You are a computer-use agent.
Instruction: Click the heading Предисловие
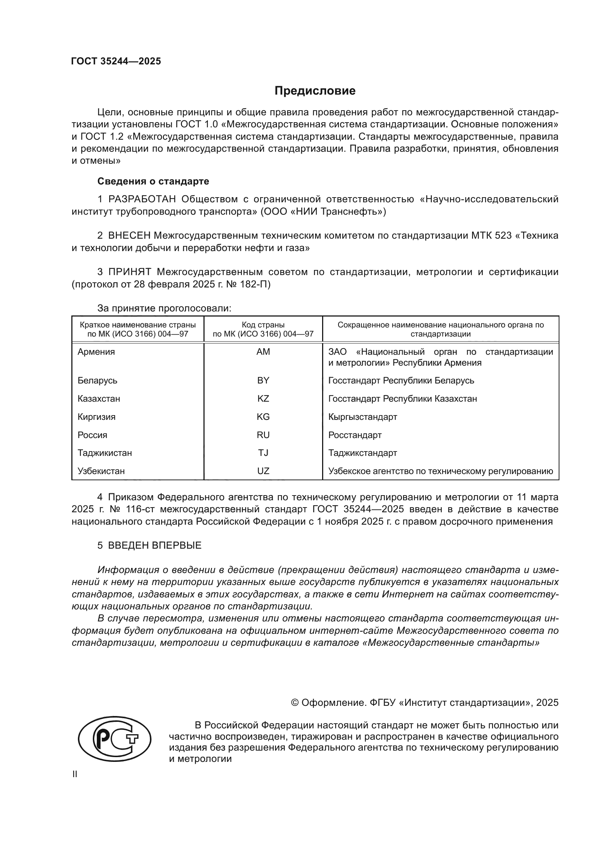click(315, 91)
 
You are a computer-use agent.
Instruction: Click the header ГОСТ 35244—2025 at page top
click(116, 61)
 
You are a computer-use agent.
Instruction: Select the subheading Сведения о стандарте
click(153, 181)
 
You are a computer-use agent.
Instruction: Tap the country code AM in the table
click(263, 352)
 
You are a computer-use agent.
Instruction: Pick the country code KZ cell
click(263, 399)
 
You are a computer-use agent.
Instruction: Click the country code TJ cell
click(263, 453)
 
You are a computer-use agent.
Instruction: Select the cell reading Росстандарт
click(355, 435)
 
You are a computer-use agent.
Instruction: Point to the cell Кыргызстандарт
click(363, 417)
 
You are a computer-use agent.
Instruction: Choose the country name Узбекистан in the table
click(101, 471)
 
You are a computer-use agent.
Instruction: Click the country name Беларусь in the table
click(97, 381)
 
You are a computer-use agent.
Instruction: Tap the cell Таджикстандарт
click(363, 453)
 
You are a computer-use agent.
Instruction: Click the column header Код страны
click(263, 325)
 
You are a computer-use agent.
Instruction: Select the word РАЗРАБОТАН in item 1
click(142, 199)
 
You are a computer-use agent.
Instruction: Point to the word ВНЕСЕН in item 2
click(129, 236)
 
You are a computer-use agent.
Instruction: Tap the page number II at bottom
click(75, 774)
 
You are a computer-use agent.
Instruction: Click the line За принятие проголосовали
click(164, 309)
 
